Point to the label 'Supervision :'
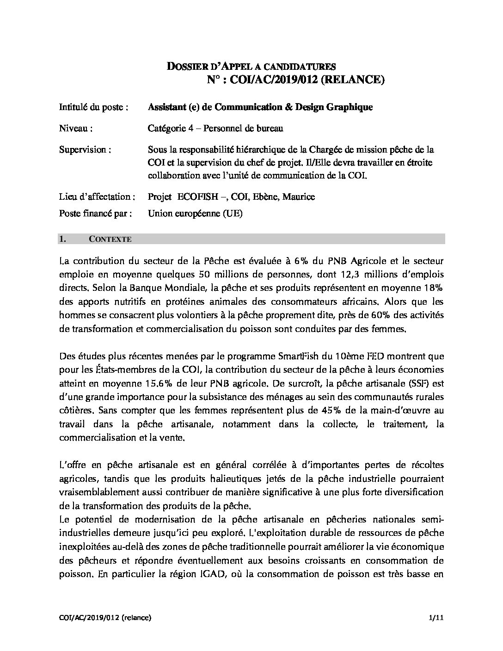85,150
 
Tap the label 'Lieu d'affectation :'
97,197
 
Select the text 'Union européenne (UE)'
195,213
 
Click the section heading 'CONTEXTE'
110,239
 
